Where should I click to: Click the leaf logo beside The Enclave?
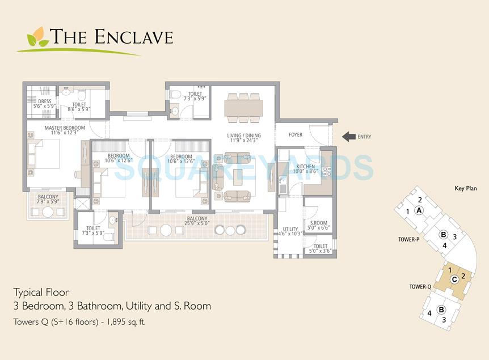tap(38, 37)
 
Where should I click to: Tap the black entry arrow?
tap(348, 137)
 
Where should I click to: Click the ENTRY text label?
tap(365, 137)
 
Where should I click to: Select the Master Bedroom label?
tap(65, 128)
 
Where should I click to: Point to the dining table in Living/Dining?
tap(243, 107)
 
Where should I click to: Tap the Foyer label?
tap(296, 135)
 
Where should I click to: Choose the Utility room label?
tap(290, 230)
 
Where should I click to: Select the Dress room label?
tap(45, 101)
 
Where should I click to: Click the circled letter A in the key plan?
tap(419, 210)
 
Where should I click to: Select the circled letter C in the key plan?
tap(454, 278)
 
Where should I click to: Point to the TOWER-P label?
tap(408, 240)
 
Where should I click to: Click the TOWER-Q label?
tap(421, 287)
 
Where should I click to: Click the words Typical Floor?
tap(41, 293)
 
